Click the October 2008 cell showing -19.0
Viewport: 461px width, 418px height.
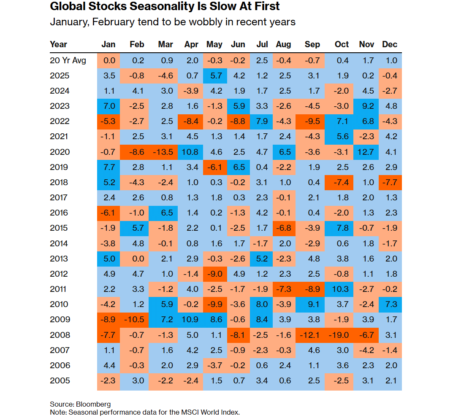[x=342, y=335]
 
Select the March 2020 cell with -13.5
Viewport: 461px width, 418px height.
[x=165, y=152]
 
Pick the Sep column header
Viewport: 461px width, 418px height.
[x=312, y=44]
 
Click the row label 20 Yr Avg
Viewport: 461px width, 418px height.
[x=68, y=60]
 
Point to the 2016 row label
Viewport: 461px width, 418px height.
[x=60, y=213]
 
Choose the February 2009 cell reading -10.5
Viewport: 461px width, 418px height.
[x=137, y=319]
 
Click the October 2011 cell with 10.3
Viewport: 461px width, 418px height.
[x=342, y=289]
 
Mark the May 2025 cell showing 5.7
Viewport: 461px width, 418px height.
[x=214, y=76]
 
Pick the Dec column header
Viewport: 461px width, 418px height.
[x=390, y=44]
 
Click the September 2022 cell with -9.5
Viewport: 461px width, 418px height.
[x=312, y=121]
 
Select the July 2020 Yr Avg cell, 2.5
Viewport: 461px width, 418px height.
[x=262, y=60]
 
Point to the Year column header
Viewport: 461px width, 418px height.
[x=59, y=44]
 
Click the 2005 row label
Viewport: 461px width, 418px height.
[x=60, y=380]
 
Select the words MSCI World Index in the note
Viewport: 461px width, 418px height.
[x=215, y=412]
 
